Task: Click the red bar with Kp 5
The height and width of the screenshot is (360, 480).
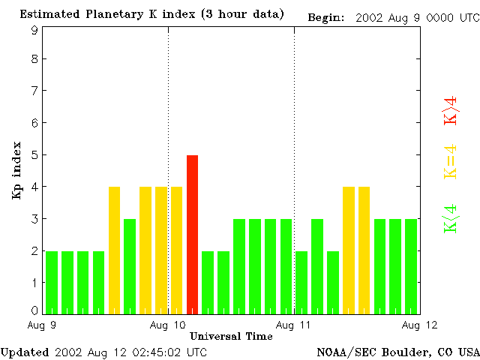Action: [x=192, y=233]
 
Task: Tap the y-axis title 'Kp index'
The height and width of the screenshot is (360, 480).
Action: [x=16, y=170]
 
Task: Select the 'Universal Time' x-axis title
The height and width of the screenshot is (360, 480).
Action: [x=231, y=336]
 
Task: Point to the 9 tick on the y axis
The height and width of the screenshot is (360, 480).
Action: [x=34, y=30]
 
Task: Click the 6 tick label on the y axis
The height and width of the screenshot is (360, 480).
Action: [x=34, y=123]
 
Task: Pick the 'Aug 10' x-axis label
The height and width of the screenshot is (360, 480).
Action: [x=168, y=325]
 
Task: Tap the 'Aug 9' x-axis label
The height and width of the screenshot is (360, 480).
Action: [x=43, y=325]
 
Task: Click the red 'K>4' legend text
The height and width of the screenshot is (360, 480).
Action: [x=451, y=110]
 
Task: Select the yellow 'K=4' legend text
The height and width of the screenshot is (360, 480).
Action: [x=451, y=162]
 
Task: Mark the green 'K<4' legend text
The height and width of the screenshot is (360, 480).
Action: [x=451, y=219]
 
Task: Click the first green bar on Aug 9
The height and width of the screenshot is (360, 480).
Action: [x=52, y=281]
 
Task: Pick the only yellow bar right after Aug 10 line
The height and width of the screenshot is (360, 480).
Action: [x=176, y=249]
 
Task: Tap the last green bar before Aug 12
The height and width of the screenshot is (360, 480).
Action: [x=410, y=265]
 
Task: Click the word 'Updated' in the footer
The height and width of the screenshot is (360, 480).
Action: [x=24, y=352]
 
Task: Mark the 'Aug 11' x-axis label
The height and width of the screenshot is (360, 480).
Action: [x=294, y=325]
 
